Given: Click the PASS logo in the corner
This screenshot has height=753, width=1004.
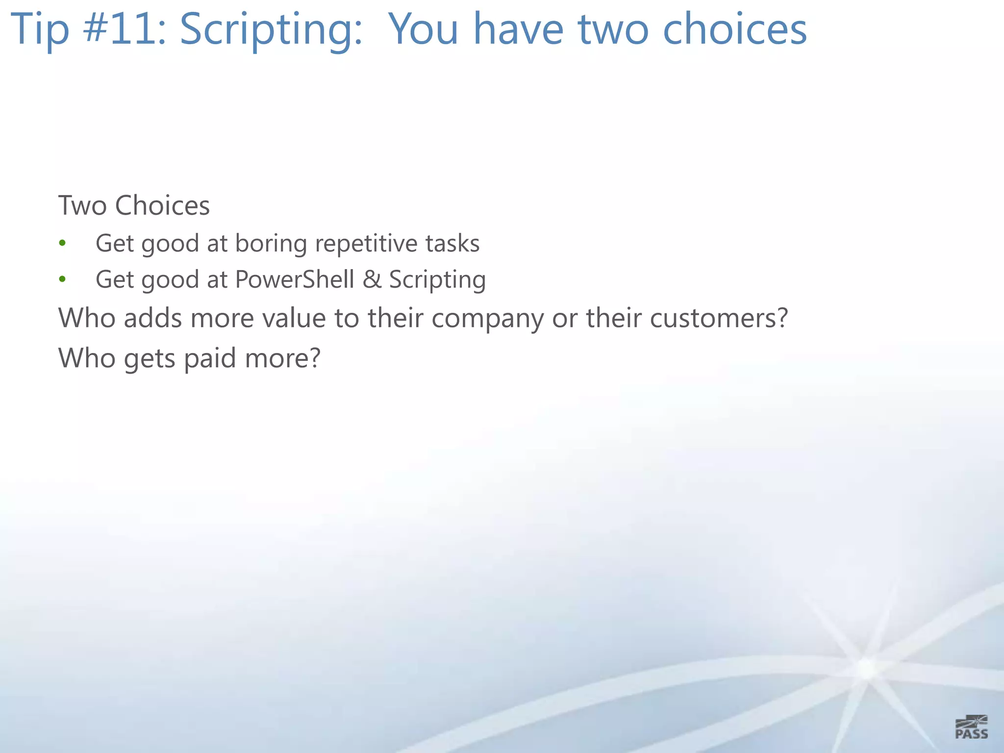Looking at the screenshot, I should coord(971,727).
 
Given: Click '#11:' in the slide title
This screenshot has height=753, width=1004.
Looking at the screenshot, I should coord(125,29).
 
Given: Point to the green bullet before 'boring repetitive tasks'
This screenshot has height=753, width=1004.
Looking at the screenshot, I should coord(62,243).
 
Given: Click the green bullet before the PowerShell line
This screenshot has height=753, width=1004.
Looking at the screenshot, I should coord(62,279).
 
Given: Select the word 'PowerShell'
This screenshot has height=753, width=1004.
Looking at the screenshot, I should coord(294,279).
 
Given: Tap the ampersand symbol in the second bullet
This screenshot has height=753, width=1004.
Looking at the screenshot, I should coord(372,279).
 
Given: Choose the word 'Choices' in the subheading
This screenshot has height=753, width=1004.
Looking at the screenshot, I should coord(162,205).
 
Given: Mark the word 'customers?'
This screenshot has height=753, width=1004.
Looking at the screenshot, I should coord(719,318).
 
